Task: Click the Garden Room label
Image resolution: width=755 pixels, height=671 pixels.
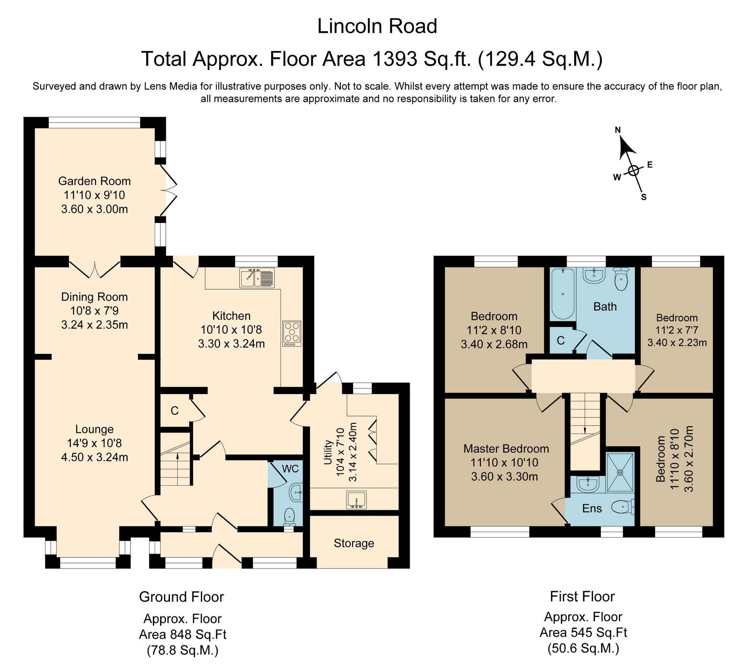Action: tap(94, 181)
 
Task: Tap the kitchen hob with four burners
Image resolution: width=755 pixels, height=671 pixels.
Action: tap(292, 334)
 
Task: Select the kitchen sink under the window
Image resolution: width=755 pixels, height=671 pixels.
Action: tap(257, 278)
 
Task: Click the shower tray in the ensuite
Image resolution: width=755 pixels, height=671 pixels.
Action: tap(620, 472)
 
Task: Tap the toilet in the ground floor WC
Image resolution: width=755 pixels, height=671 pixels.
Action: tap(290, 517)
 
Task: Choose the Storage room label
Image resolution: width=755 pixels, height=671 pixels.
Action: tap(354, 543)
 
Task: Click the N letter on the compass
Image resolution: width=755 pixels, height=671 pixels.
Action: tap(618, 130)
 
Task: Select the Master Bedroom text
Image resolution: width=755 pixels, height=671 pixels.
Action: tap(506, 448)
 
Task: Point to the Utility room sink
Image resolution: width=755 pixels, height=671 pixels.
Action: tap(357, 500)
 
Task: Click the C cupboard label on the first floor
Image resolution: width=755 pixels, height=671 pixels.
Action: tap(561, 340)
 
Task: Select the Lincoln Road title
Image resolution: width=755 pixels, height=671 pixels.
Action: tap(377, 26)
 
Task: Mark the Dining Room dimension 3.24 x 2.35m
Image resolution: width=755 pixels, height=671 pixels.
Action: tap(94, 325)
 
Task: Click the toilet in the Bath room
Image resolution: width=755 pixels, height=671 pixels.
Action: tap(621, 279)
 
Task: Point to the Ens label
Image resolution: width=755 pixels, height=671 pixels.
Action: tap(592, 508)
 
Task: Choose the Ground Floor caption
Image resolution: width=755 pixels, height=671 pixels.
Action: tap(181, 597)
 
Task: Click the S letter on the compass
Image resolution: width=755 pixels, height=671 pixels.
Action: tap(644, 197)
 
